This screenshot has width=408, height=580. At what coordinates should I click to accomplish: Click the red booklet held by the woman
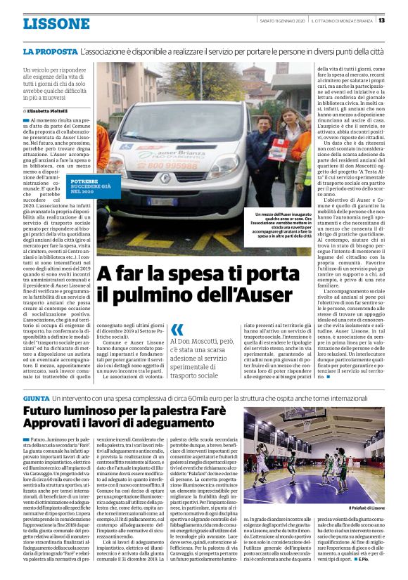pyautogui.click(x=286, y=150)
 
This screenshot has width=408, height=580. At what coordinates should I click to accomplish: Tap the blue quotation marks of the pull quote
pyautogui.click(x=177, y=328)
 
